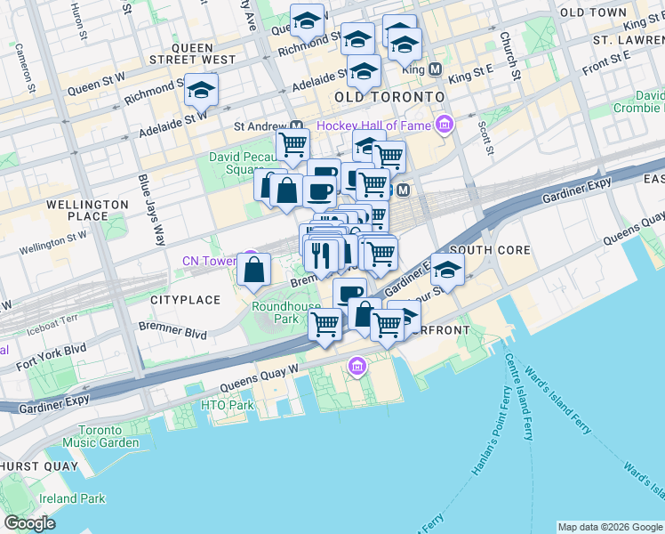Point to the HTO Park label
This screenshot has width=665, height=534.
click(228, 406)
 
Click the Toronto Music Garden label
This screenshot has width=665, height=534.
click(100, 436)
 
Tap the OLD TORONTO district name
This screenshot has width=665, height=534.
click(389, 96)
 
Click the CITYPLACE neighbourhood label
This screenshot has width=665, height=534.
click(185, 300)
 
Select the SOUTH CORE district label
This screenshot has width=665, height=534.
click(490, 251)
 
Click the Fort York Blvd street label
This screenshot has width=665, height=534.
click(52, 357)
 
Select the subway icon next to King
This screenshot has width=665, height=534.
click(435, 69)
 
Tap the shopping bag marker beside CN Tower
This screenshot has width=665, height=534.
click(254, 271)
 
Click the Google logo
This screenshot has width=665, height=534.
click(29, 523)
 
